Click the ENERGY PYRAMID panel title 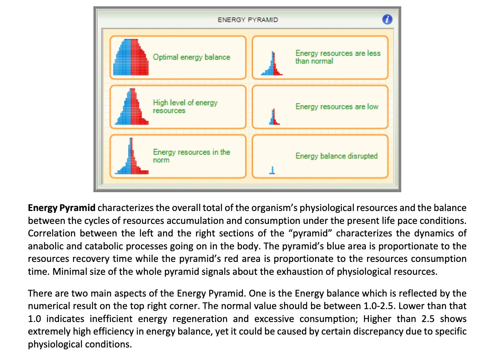pos(248,20)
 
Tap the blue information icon pos(387,20)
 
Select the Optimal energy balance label pos(191,57)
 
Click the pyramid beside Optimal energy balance pos(131,57)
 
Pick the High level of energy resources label pos(185,106)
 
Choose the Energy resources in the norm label pos(191,156)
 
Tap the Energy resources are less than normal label pos(338,57)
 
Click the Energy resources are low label pos(337,107)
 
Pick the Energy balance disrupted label pos(336,156)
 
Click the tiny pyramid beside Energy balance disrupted pos(272,170)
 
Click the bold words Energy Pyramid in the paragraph pos(62,208)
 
